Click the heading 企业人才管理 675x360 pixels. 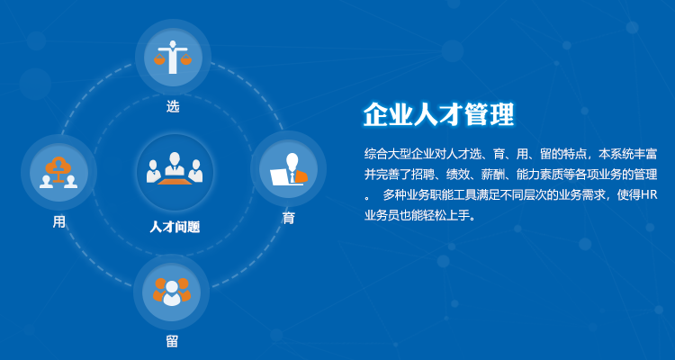438,115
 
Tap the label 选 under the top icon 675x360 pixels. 173,106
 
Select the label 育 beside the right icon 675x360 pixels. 288,218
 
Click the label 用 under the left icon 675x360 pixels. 59,221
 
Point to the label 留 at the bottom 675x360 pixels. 172,341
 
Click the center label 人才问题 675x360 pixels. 175,227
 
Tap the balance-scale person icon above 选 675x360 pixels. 173,58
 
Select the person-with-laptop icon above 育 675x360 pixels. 289,169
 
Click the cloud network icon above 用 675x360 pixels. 58,173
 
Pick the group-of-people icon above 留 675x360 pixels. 172,292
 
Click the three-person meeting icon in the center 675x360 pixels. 175,168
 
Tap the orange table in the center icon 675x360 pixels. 175,181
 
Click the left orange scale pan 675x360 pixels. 159,59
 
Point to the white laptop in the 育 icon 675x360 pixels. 280,176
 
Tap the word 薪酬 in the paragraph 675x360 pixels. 490,175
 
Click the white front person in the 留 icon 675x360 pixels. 172,293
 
